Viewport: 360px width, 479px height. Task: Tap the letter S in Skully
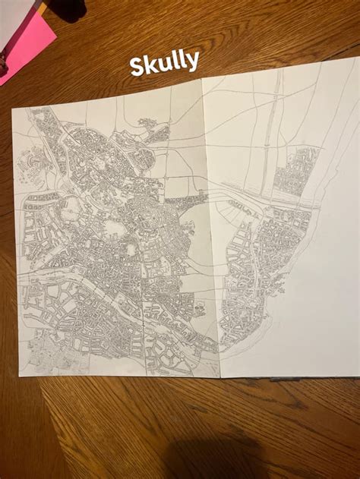[x=137, y=66]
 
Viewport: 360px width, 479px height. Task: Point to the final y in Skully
[x=193, y=61]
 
